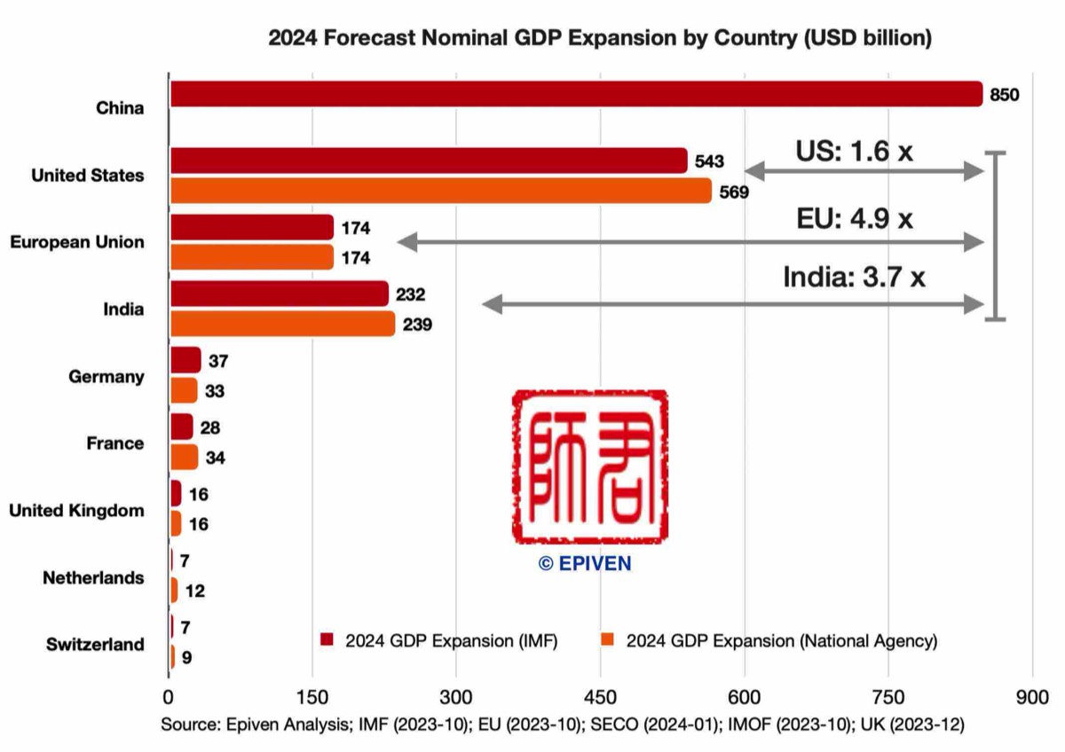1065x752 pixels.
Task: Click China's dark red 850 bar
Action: [575, 94]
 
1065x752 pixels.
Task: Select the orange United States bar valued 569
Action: [440, 191]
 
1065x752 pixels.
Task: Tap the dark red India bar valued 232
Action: [279, 294]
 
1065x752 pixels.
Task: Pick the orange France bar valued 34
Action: [184, 458]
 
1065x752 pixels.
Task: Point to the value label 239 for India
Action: [417, 325]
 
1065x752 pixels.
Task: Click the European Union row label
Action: [77, 242]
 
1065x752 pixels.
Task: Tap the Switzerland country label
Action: [95, 645]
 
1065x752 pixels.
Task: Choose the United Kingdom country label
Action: [76, 511]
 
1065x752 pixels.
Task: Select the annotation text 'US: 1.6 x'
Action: [853, 152]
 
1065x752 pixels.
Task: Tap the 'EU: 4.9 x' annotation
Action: [855, 218]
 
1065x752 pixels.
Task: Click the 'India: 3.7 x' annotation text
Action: [854, 278]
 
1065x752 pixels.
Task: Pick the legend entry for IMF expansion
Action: [439, 640]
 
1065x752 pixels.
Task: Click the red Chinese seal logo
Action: [589, 466]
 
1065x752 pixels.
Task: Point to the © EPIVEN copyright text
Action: [586, 563]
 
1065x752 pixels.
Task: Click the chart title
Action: [600, 38]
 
